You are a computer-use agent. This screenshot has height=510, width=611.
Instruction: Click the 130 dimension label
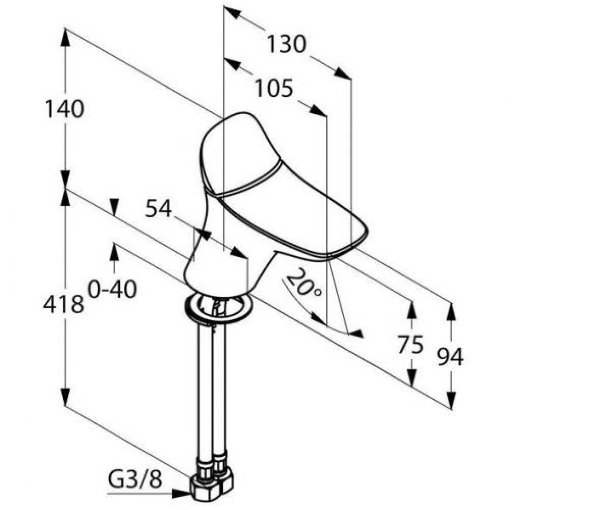pos(287,44)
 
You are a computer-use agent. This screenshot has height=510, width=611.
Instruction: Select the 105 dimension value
pos(274,88)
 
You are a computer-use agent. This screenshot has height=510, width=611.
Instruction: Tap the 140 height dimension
pos(64,109)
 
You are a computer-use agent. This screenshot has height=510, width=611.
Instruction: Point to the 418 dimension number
pos(63,304)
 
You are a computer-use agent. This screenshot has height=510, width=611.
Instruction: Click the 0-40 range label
pos(113,289)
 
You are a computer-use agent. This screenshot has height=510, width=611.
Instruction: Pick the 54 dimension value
pos(158,209)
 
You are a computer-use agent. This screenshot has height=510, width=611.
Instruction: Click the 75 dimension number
pos(410,344)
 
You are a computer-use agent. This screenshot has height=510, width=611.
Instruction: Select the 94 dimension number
pos(451,356)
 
